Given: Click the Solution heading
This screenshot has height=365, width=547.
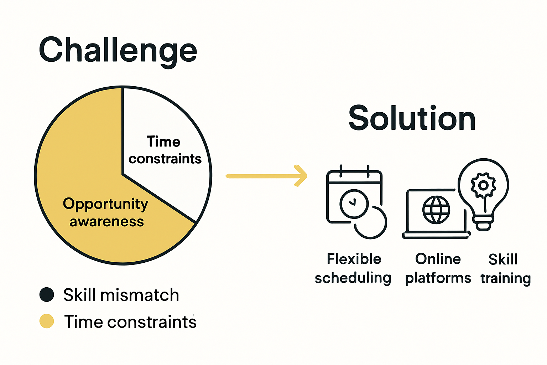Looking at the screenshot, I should click(412, 118).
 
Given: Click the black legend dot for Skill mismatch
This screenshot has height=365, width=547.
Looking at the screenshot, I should click(47, 295).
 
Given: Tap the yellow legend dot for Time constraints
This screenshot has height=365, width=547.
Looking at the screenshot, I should click(47, 321).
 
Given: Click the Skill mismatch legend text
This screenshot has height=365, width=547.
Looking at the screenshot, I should click(121, 295).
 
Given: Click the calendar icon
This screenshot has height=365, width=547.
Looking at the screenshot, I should click(354, 196).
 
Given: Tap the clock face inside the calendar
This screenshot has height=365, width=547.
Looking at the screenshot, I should click(354, 203).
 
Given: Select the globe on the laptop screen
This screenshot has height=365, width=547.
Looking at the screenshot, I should click(436, 210).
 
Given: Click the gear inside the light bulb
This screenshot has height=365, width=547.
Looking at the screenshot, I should click(483, 185).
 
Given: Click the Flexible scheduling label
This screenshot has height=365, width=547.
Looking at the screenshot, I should click(353, 268).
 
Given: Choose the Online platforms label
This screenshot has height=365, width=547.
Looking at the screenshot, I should click(438, 268).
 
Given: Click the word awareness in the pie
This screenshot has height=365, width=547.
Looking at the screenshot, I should click(107, 222).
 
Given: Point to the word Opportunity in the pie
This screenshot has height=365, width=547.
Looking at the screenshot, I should click(105, 204).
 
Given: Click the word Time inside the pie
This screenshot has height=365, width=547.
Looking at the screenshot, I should click(163, 142).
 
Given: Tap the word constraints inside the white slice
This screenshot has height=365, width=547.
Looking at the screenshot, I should click(165, 159).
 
